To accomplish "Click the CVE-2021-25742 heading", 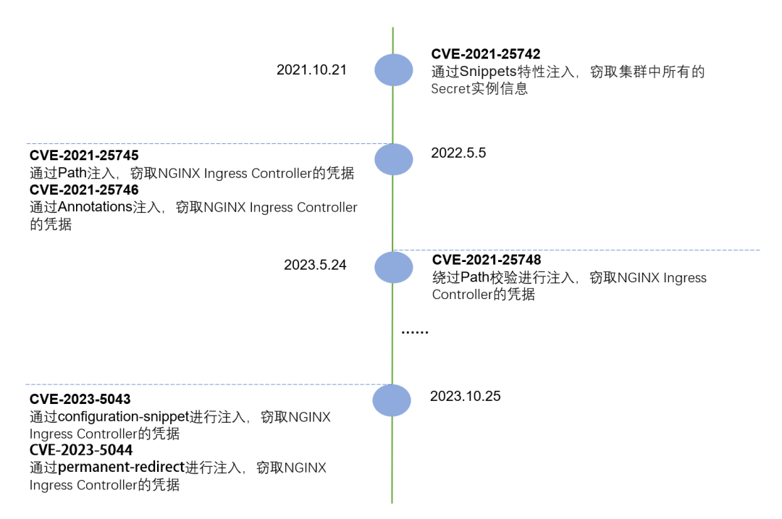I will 486,54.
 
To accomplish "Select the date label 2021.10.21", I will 311,70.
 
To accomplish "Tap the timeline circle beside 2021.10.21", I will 393,70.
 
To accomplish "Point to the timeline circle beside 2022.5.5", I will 393,159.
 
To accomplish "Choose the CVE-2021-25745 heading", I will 84,156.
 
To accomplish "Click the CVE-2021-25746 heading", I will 84,190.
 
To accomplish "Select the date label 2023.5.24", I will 315,265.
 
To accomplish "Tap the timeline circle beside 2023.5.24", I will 393,267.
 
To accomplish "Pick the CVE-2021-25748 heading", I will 487,260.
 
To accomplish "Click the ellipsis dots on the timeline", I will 415,331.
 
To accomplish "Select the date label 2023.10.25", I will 465,396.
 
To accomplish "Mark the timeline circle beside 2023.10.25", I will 392,400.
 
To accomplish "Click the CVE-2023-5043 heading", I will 80,400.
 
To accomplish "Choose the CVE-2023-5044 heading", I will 80,451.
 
